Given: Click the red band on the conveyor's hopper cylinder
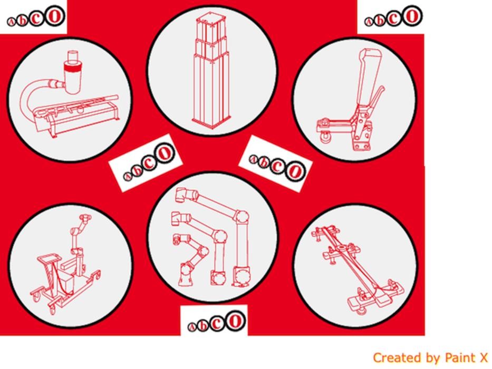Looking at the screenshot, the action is coord(74,67).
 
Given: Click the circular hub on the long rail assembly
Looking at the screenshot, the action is coord(341,249).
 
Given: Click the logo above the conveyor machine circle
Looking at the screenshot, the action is coord(36,17).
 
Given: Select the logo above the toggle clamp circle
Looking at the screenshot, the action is coord(393,17).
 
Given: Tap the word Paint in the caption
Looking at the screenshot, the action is coord(460,358).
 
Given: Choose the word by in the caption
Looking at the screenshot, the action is coord(433,358).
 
